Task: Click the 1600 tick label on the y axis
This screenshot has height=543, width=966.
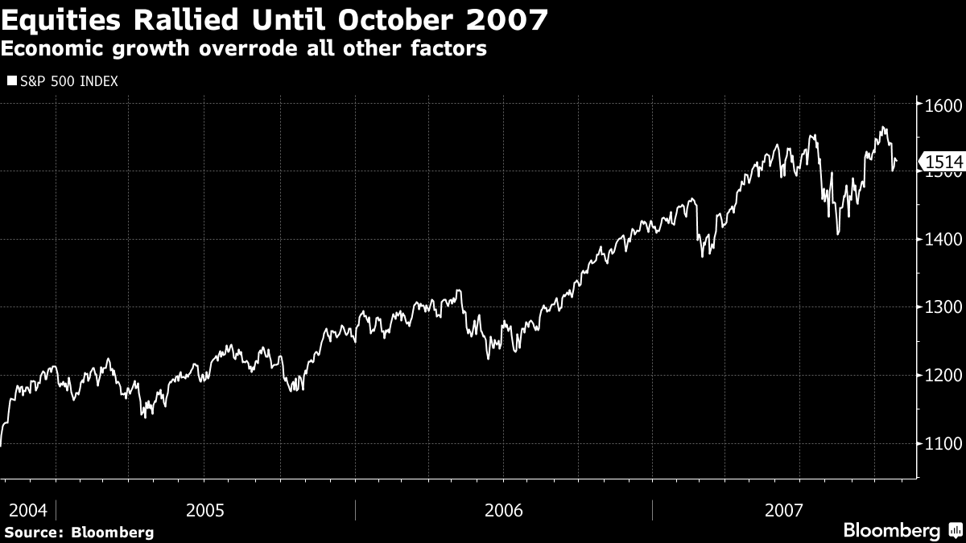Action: tap(943, 105)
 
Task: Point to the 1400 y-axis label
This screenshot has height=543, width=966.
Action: tap(943, 240)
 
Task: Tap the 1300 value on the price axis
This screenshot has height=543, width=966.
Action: tap(943, 307)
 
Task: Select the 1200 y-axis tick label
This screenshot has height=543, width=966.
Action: tap(943, 375)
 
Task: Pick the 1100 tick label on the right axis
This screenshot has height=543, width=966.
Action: tap(943, 443)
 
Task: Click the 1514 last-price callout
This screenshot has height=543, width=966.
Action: tap(944, 162)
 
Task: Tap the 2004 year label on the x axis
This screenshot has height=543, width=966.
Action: tap(28, 510)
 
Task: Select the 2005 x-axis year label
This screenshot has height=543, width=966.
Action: tap(205, 510)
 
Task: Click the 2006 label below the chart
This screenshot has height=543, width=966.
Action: tap(503, 510)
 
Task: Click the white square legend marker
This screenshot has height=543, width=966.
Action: tap(11, 81)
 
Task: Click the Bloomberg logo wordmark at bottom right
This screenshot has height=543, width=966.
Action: tap(891, 531)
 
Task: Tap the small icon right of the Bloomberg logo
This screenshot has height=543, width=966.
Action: tap(954, 531)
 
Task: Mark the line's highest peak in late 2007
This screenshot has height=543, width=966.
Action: tap(883, 127)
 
